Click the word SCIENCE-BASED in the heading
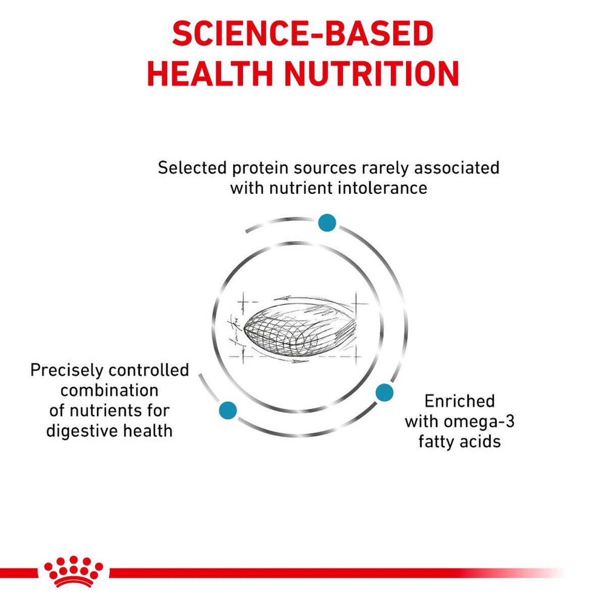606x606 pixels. (x=302, y=34)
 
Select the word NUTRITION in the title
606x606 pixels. (x=372, y=74)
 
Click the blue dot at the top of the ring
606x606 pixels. (x=327, y=223)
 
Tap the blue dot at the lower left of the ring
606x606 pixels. (x=228, y=410)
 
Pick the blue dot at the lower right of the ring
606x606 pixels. (x=384, y=392)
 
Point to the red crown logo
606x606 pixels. (x=74, y=572)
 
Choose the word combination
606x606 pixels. (x=109, y=390)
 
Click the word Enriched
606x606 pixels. (x=459, y=401)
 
